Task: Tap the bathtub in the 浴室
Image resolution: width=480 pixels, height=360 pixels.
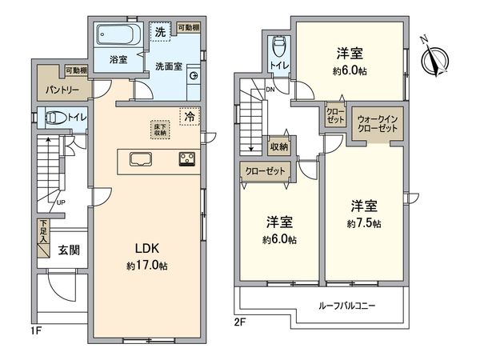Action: [117, 35]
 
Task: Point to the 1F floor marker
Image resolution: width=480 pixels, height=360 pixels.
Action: [35, 329]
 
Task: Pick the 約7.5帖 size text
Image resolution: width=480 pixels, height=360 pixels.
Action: [364, 222]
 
